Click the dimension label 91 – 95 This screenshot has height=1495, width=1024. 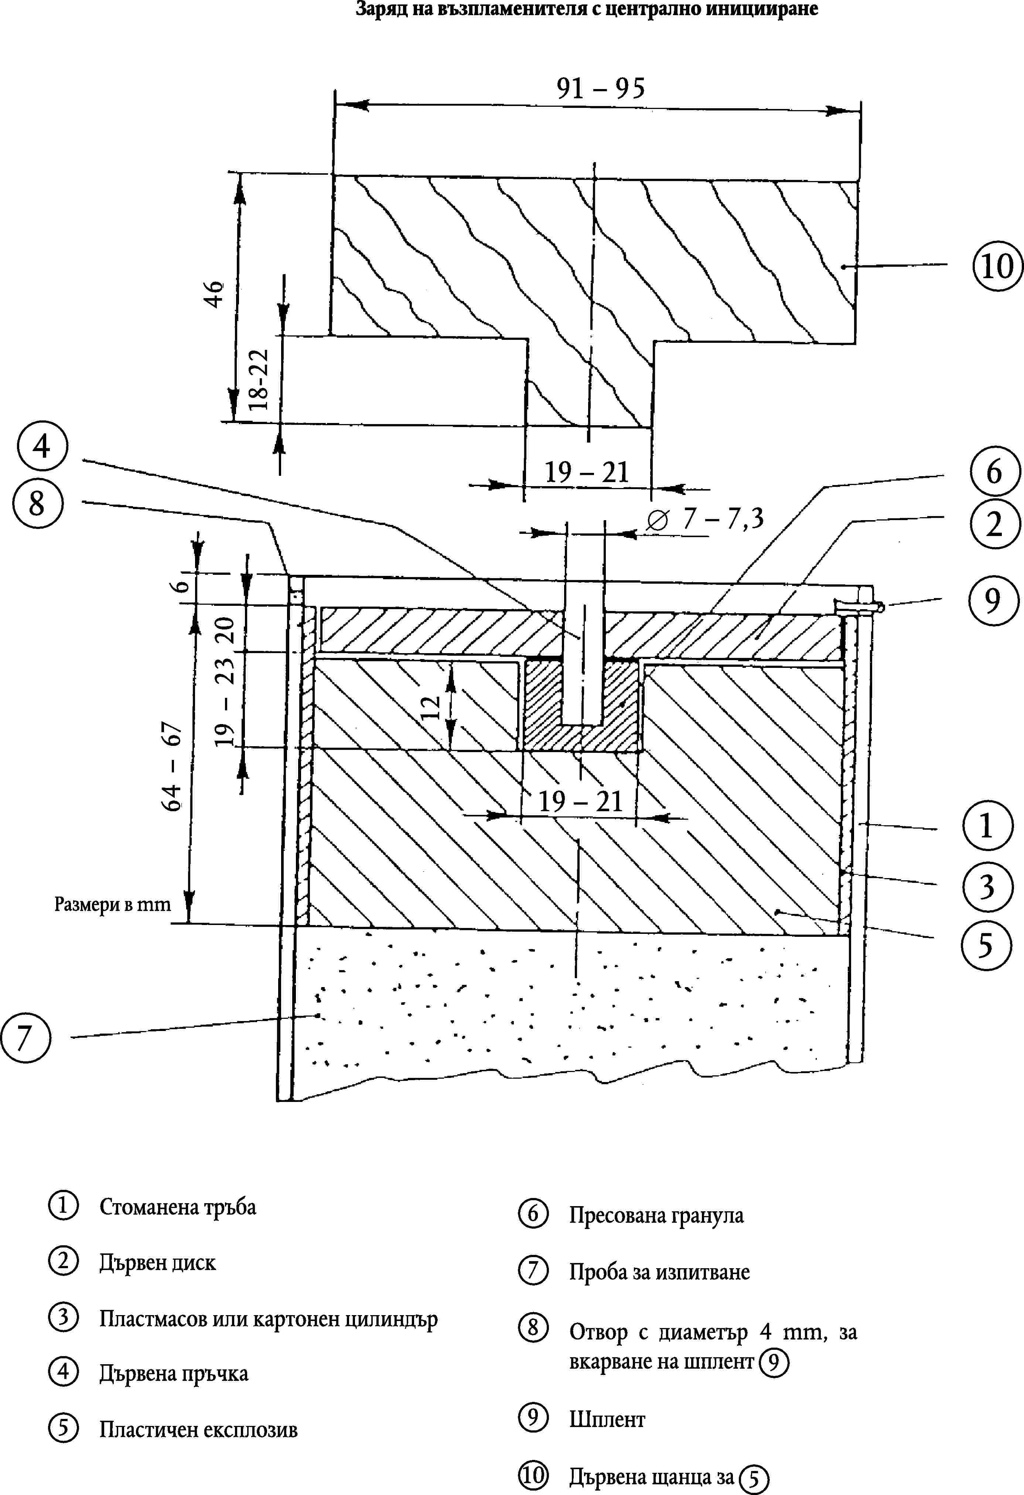click(x=600, y=89)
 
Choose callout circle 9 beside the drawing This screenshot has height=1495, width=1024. click(x=993, y=601)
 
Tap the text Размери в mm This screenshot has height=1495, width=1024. click(x=113, y=905)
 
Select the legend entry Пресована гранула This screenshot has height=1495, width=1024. click(x=656, y=1216)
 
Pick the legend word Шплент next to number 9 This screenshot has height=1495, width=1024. click(x=607, y=1420)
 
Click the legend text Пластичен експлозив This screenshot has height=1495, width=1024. click(x=198, y=1430)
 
